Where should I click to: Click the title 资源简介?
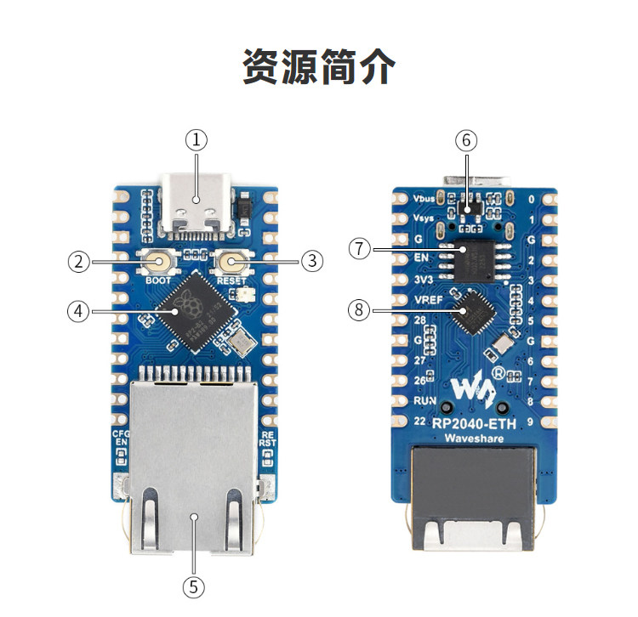coord(319,67)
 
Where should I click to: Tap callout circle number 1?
coord(197,139)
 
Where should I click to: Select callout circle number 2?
coord(79,262)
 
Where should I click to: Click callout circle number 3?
coord(312,262)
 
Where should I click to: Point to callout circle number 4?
coord(79,311)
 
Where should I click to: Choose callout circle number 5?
coord(195,586)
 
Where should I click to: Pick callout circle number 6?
coord(467,139)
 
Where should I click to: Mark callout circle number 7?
coord(360,248)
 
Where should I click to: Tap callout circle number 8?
coord(360,310)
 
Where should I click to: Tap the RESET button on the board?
coord(231,263)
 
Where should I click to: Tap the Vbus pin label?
coord(423,197)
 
